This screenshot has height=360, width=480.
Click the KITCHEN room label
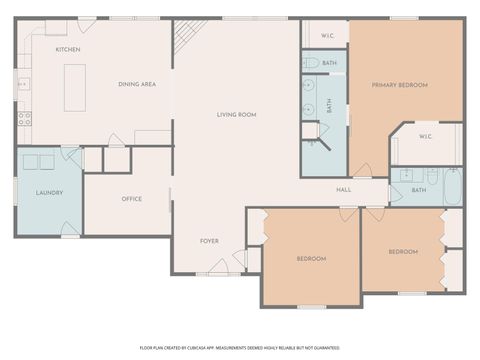pos(68,49)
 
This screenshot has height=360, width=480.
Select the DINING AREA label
pos(137,85)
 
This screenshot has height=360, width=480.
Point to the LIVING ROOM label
pos(237,115)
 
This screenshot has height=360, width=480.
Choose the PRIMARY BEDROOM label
pos(400,85)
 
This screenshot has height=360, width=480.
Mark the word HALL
pos(344,189)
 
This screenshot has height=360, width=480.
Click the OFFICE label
pos(132,198)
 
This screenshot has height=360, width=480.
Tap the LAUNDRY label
pos(49,192)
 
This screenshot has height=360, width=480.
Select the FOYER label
pos(209,241)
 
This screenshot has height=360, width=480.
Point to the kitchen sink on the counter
pos(22,84)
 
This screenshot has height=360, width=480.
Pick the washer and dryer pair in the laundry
pos(40,162)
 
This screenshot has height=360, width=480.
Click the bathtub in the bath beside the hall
pos(452,189)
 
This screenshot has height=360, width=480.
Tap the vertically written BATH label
pos(330,105)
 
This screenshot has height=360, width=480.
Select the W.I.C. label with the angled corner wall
pos(425,137)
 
